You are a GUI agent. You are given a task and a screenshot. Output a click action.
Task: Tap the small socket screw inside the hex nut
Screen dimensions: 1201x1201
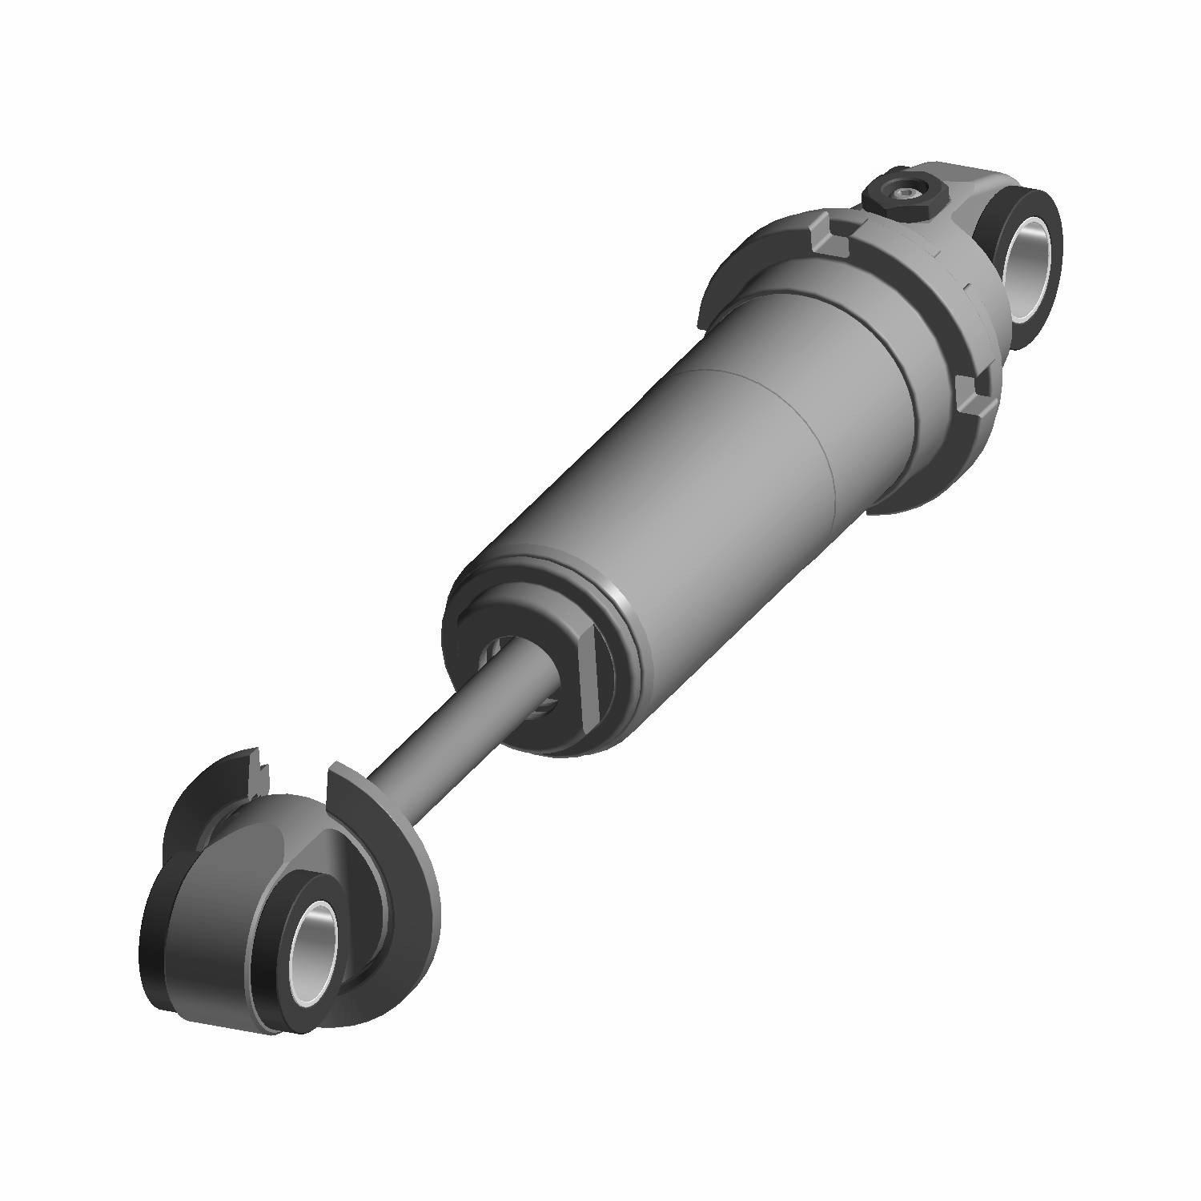[906, 192]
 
